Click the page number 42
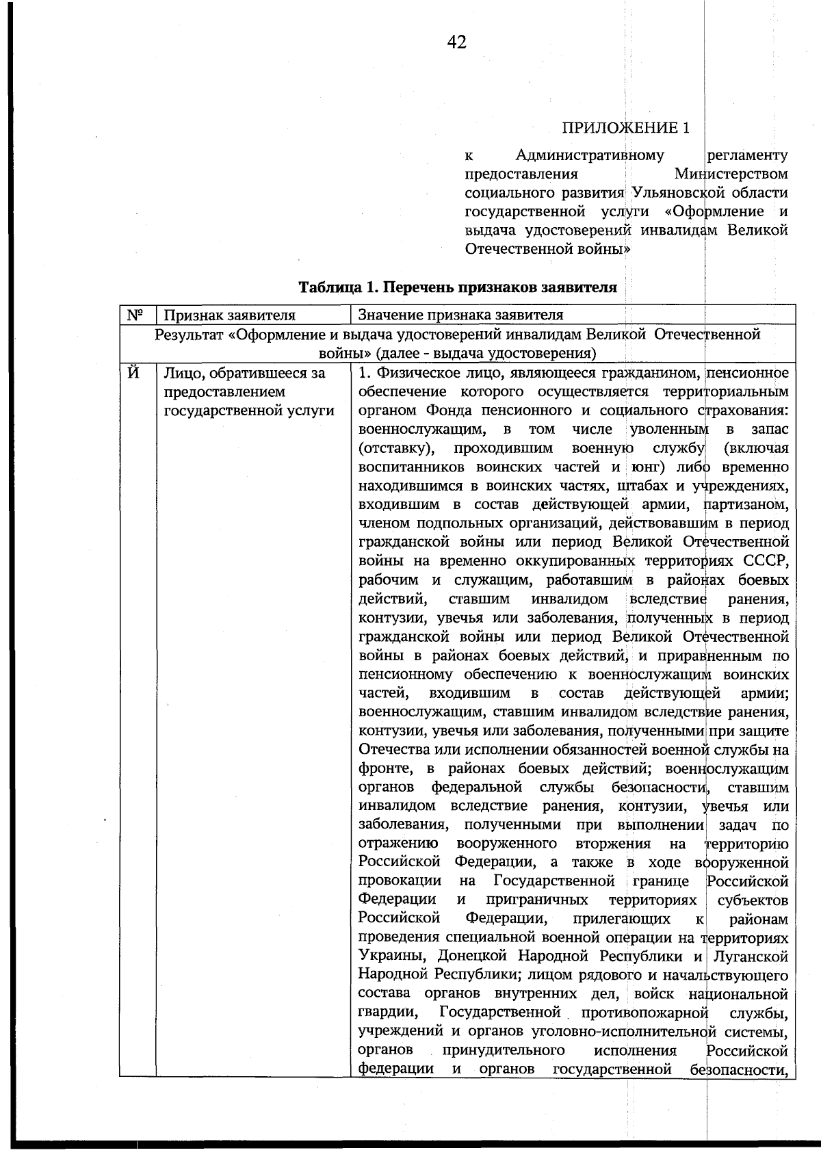[x=457, y=43]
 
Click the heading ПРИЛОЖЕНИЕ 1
[x=625, y=128]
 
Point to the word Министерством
[x=730, y=174]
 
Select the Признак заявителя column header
[x=229, y=315]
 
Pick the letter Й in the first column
[x=135, y=374]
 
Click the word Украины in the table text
[x=391, y=956]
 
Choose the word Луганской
[x=750, y=956]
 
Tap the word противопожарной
[x=642, y=1013]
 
